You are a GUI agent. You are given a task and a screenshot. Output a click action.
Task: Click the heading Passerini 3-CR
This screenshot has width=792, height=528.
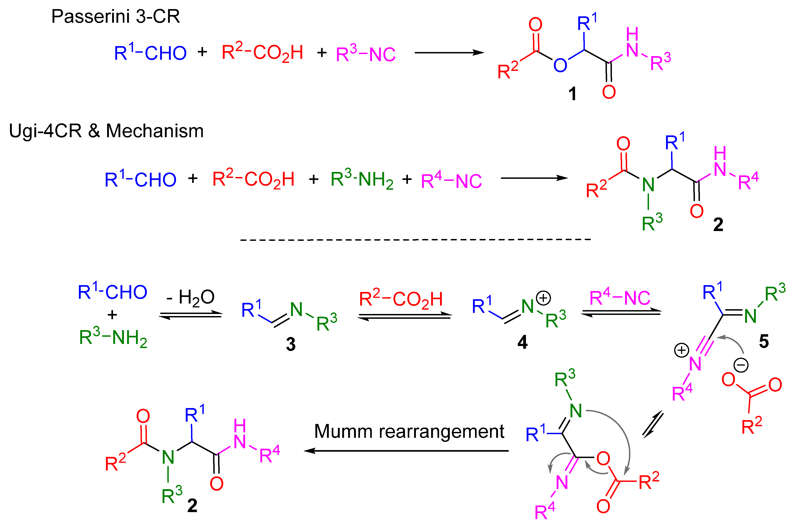click(115, 17)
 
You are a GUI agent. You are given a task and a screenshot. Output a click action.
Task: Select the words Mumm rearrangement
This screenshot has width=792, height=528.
click(409, 432)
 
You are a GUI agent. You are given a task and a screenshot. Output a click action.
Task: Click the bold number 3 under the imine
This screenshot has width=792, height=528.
click(291, 344)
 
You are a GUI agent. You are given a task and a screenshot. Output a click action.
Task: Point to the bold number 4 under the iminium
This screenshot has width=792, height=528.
click(522, 342)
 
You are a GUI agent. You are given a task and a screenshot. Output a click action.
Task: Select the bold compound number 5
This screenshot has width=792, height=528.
click(764, 341)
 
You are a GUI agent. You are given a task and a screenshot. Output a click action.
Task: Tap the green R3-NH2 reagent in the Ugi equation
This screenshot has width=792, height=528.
click(362, 179)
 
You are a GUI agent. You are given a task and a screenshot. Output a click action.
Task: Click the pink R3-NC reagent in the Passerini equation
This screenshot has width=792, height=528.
click(366, 54)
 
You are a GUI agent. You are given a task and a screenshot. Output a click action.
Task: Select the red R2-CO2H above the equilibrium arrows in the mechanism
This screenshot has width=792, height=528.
click(401, 299)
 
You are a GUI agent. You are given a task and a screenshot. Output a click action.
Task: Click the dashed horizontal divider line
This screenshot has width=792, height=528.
click(415, 240)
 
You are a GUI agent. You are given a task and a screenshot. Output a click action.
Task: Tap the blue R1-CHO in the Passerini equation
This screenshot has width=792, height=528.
click(150, 53)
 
